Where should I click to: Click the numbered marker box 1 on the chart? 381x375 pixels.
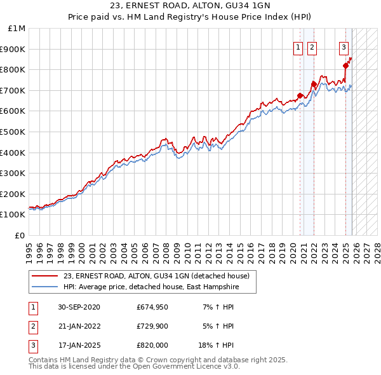[x=298, y=46]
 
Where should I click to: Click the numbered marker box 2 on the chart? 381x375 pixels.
[x=312, y=46]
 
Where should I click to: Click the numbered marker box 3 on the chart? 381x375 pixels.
[x=344, y=46]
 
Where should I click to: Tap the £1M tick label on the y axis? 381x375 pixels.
[x=17, y=29]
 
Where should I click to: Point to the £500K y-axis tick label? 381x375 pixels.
[x=14, y=132]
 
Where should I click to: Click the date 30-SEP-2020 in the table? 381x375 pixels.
[x=79, y=307]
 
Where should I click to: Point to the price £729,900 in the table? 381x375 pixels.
[x=152, y=326]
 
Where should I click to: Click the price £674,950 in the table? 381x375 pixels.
[x=152, y=307]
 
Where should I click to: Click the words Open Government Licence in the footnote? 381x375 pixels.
[x=190, y=367]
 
